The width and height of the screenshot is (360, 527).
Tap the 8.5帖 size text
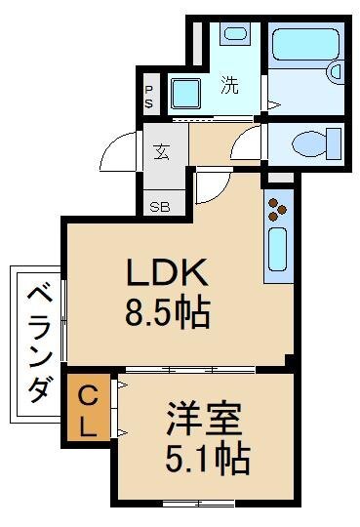(x=168, y=313)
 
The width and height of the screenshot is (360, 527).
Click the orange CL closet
(x=88, y=411)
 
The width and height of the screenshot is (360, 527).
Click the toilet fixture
(x=314, y=143)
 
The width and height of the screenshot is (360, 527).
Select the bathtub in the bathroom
(x=305, y=60)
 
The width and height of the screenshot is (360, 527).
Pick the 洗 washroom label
(x=229, y=85)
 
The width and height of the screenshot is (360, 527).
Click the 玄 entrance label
(x=161, y=152)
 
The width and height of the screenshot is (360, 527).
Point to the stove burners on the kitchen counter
(x=278, y=208)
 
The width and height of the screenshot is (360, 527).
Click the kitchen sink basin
(x=278, y=250)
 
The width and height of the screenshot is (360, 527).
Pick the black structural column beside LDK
(x=290, y=361)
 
